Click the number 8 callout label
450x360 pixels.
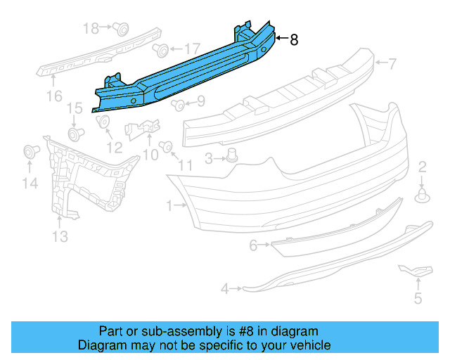pos(294,40)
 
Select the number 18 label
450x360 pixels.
pos(91,28)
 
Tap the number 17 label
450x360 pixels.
pos(192,49)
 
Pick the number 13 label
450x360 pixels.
pos(60,236)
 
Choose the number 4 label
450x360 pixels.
pos(225,288)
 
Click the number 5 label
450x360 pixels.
pos(418,300)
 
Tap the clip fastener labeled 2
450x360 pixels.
pos(423,195)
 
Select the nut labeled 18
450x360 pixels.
pos(122,29)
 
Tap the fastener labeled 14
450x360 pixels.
pos(30,151)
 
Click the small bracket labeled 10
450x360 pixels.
pos(143,128)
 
